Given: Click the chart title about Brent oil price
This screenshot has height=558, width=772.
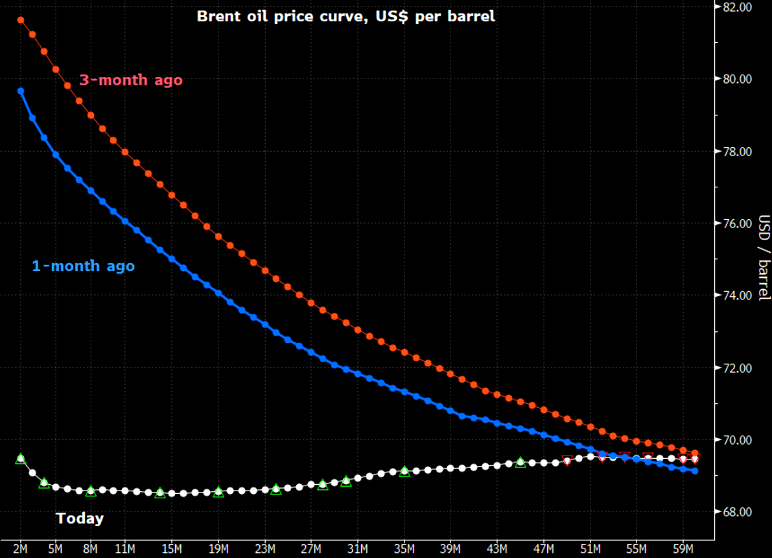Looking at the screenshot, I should pos(345,16).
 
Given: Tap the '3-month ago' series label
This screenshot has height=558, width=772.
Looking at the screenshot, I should pos(130,80).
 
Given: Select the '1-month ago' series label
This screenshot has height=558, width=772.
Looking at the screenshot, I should pos(83,266).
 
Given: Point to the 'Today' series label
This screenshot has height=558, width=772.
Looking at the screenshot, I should pos(80,518).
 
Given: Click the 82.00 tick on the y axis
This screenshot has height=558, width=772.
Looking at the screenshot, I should pos(737,7).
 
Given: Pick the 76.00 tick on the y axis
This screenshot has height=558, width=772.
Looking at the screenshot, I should pos(737,224).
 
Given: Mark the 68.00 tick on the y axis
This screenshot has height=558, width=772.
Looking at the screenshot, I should pos(737,512).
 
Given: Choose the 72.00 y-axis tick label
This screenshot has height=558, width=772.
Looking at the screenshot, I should pos(737,368).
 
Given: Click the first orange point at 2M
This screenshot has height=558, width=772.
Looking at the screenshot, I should pos(21,20).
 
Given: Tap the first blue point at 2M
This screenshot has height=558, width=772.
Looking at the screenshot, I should pos(21,91).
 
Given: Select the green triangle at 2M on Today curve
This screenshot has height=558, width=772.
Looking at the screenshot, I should pos(21,458).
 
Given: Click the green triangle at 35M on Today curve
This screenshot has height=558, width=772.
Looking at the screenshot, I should pos(404,471).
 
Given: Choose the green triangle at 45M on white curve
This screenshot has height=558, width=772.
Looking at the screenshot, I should pos(521,462).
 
